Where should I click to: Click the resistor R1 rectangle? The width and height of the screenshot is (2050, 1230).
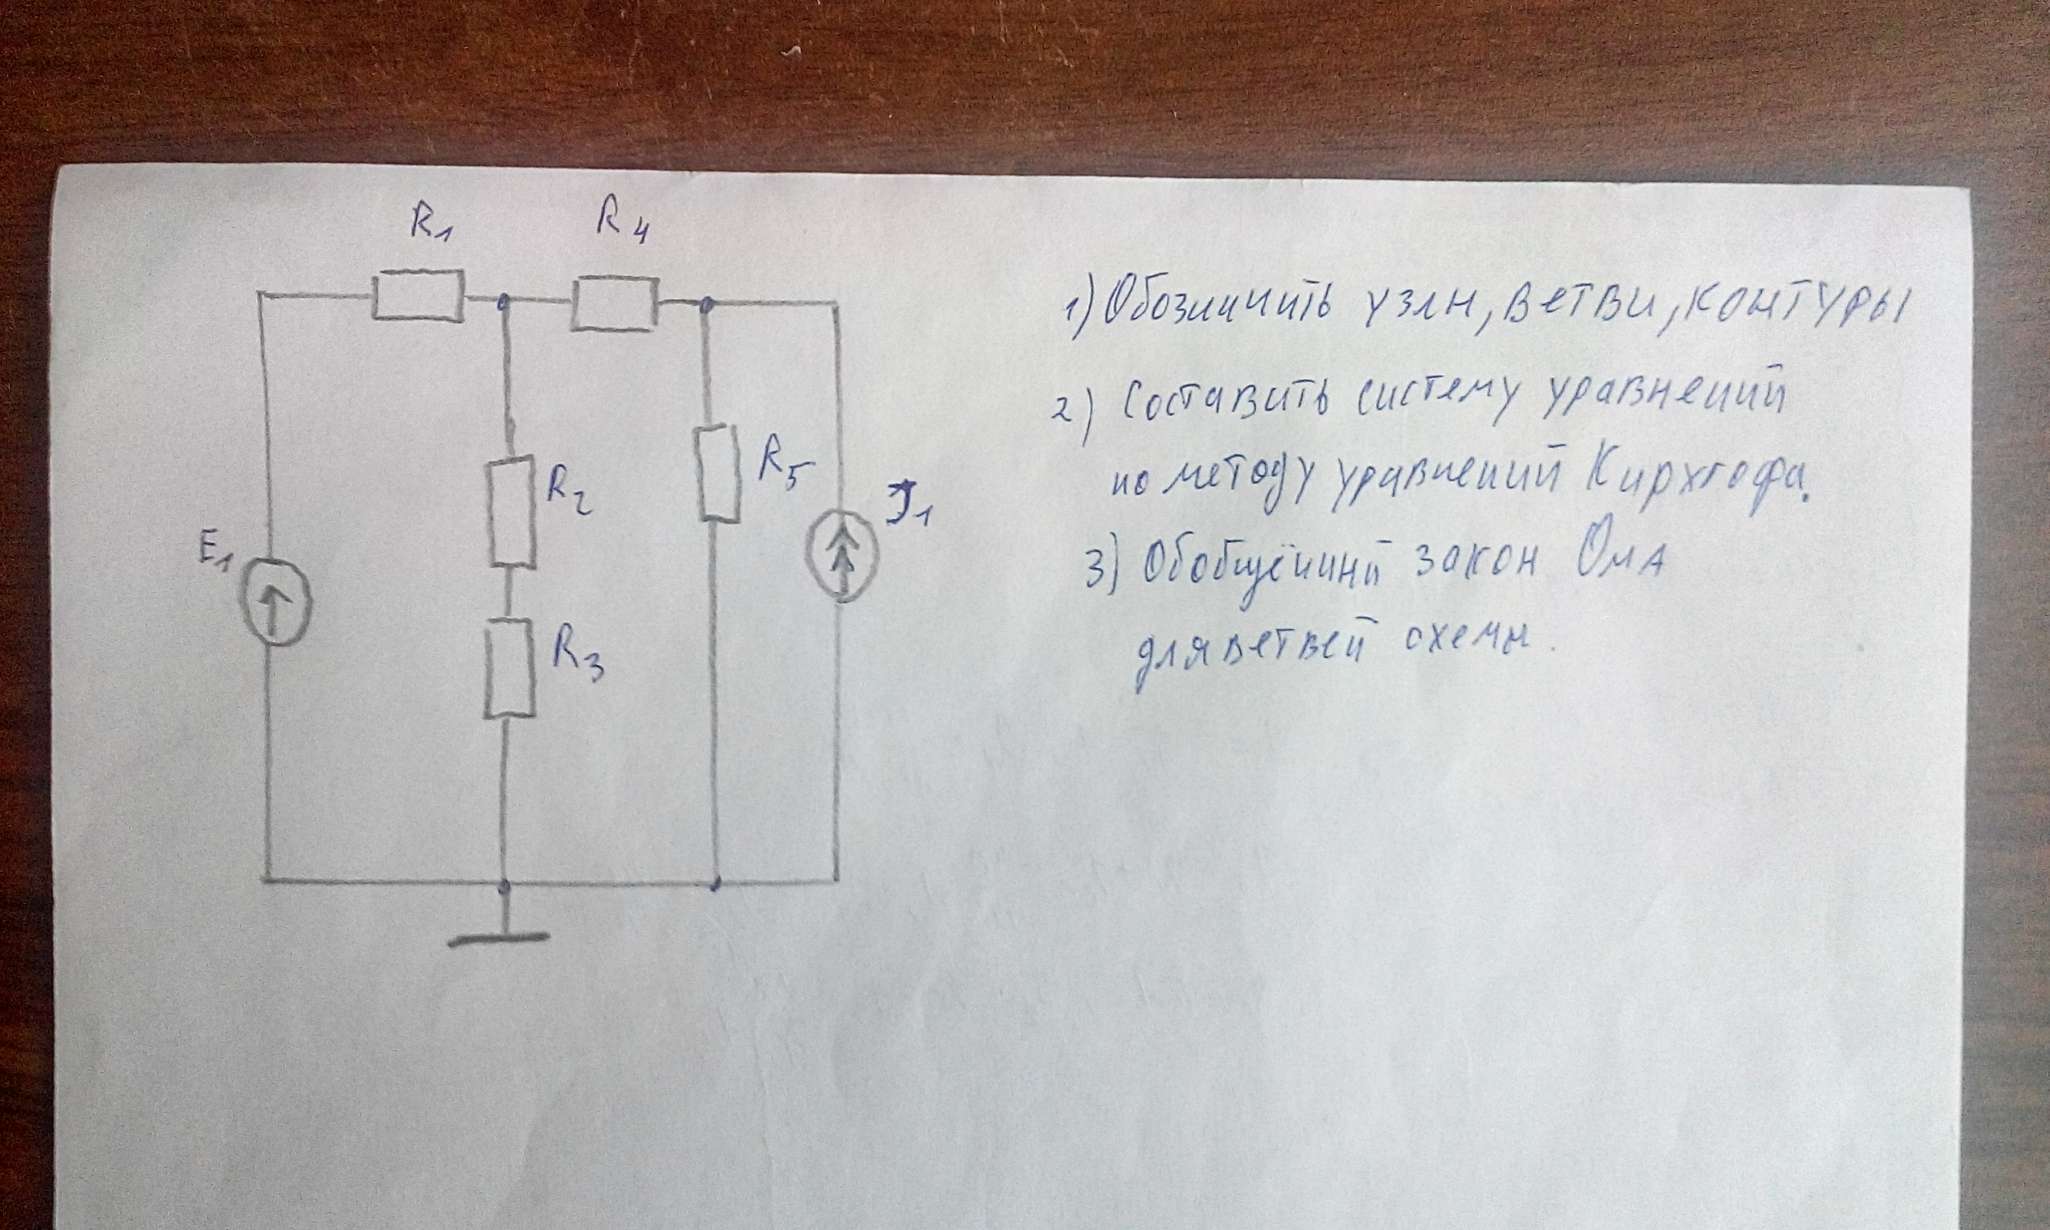click(417, 297)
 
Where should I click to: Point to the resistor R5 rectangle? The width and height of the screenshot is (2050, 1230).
click(719, 473)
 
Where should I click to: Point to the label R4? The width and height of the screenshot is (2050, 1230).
click(621, 224)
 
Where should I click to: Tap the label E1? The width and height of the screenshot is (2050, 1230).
click(214, 558)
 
